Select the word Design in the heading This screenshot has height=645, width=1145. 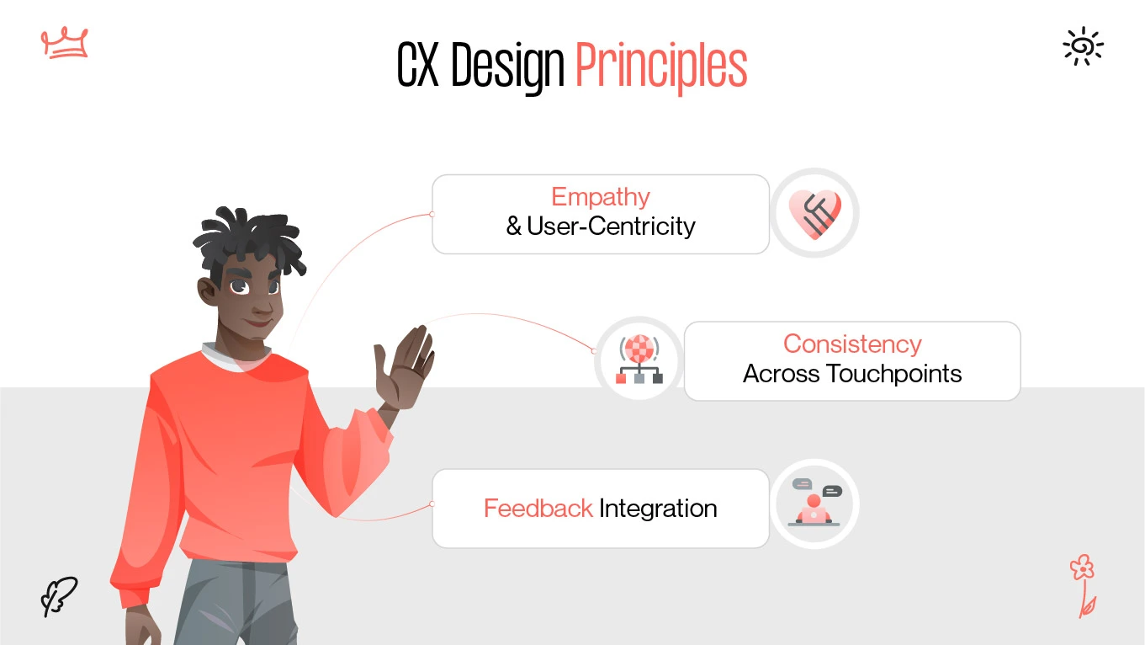507,67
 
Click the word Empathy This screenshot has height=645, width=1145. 601,197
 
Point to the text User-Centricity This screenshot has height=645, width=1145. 612,227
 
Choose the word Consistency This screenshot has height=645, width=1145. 852,344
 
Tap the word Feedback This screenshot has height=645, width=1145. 538,509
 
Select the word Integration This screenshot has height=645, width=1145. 658,509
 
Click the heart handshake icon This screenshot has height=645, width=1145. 814,213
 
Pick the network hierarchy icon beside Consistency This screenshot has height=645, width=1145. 639,360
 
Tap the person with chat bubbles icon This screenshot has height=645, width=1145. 814,504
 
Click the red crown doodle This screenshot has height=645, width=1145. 65,42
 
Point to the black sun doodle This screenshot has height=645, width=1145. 1083,45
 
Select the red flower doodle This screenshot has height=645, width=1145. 1084,584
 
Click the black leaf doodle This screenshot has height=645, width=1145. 59,596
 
